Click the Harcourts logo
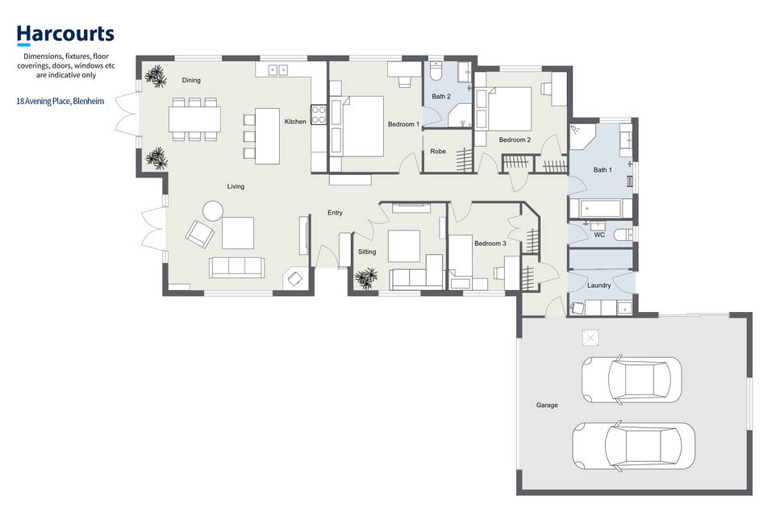(65, 35)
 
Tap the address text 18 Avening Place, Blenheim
(60, 101)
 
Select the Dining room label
(191, 80)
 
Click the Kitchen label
(295, 121)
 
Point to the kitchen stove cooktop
(319, 114)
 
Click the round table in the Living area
(213, 210)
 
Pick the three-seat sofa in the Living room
(236, 268)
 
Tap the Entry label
(335, 213)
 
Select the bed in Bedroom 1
(363, 127)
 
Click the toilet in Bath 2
(436, 71)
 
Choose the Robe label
(438, 151)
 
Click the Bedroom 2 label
(515, 139)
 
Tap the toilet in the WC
(623, 234)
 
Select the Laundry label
(599, 285)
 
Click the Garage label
(547, 406)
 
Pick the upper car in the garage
(632, 379)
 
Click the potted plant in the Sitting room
(367, 278)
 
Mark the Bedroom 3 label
(490, 243)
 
